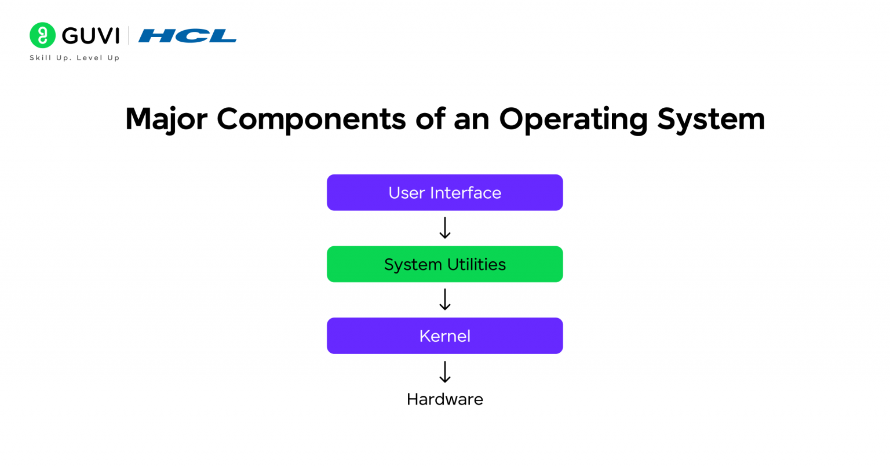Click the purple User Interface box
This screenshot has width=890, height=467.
[x=444, y=192]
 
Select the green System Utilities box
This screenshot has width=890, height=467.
[x=444, y=264]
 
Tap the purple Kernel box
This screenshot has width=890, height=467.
[x=444, y=335]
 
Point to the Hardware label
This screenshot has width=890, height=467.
[x=444, y=399]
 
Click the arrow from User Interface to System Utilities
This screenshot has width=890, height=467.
[x=444, y=228]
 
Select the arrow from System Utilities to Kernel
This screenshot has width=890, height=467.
[x=444, y=300]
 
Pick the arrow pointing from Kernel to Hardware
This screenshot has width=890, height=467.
[x=444, y=372]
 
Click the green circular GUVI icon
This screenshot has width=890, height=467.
[x=42, y=35]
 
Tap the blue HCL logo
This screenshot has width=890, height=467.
[x=187, y=36]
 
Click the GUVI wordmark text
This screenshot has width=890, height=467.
[x=90, y=36]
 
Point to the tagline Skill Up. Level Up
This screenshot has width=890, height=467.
[x=74, y=58]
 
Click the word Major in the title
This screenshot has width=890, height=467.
[x=166, y=119]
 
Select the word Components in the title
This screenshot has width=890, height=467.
[x=311, y=119]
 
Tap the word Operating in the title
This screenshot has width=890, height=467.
[x=573, y=119]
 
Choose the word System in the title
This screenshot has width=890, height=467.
[x=711, y=119]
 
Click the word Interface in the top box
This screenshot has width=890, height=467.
[x=465, y=192]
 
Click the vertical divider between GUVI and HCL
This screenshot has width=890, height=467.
[x=129, y=36]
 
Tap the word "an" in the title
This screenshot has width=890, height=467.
[x=471, y=119]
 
